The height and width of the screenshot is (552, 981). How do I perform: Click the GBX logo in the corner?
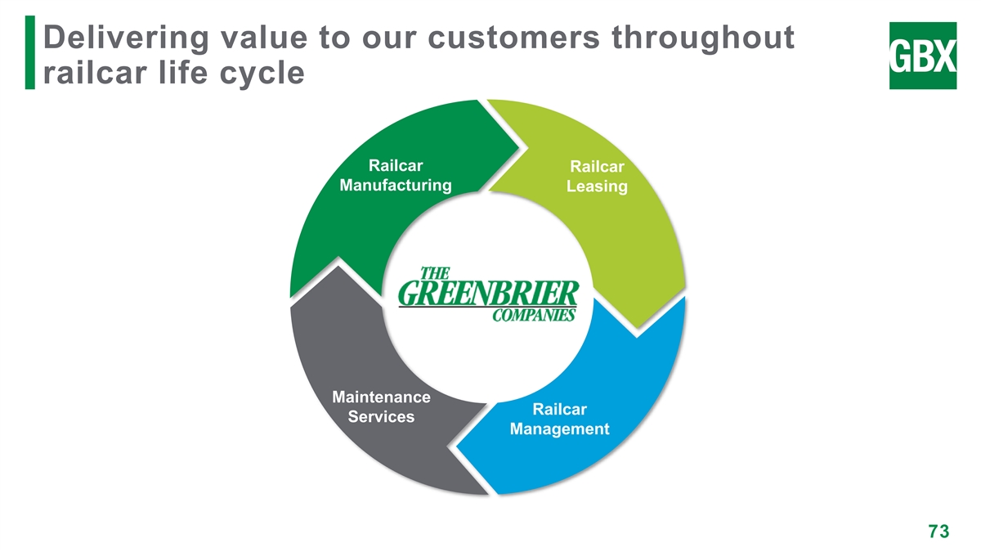coord(922,55)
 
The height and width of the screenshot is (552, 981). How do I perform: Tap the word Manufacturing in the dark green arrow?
coord(396,185)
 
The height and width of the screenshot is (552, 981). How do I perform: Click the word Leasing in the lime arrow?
coord(597,187)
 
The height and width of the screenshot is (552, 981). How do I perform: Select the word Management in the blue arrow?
coord(559,429)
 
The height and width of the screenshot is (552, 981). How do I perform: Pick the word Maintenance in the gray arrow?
coord(382,398)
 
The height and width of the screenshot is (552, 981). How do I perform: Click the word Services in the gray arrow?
coord(381,417)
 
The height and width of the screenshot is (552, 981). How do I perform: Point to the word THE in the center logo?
coord(435,272)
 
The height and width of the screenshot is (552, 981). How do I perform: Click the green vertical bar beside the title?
coord(30,52)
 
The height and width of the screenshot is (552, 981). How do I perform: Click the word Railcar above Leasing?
coord(597,168)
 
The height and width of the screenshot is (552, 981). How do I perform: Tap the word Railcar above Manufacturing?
coord(396,164)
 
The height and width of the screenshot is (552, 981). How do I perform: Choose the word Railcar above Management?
coord(559,409)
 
